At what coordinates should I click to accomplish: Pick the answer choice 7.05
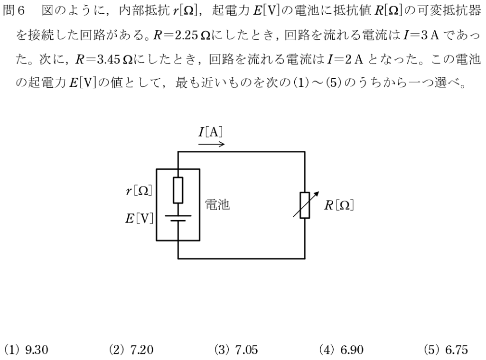click(236, 350)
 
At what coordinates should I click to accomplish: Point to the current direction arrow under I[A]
click(211, 144)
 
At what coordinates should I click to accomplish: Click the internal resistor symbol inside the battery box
click(178, 189)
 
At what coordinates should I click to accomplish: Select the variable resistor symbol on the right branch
click(304, 205)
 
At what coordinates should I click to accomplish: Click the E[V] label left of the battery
click(139, 219)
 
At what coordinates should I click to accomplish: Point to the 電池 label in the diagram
click(217, 204)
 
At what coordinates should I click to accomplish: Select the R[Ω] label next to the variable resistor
click(339, 205)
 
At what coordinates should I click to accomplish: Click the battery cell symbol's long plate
click(178, 215)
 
